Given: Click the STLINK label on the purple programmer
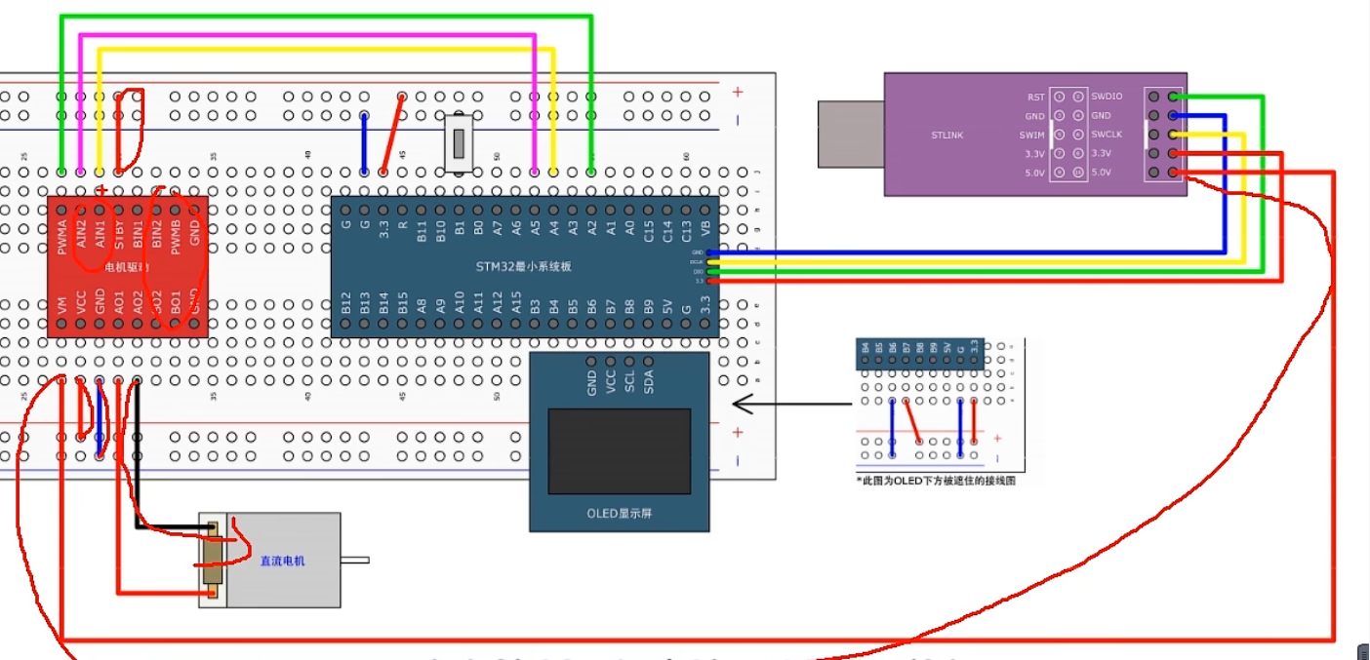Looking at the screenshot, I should click(x=947, y=136).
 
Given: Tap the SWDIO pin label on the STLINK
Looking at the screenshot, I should click(x=1107, y=97).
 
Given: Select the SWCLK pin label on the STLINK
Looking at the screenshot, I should click(x=1107, y=135).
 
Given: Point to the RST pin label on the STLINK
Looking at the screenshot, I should click(x=1035, y=97).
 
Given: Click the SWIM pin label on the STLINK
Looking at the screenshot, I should click(x=1032, y=135).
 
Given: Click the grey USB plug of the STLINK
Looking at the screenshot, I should click(x=850, y=135).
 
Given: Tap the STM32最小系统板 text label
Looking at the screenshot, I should click(x=524, y=267).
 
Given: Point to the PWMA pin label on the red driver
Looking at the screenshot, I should click(x=62, y=236).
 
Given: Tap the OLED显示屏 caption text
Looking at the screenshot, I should click(x=619, y=514).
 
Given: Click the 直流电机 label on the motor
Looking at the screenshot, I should click(x=282, y=561).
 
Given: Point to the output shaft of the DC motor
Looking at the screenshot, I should click(x=355, y=560).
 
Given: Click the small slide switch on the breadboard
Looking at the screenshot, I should click(x=458, y=142).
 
